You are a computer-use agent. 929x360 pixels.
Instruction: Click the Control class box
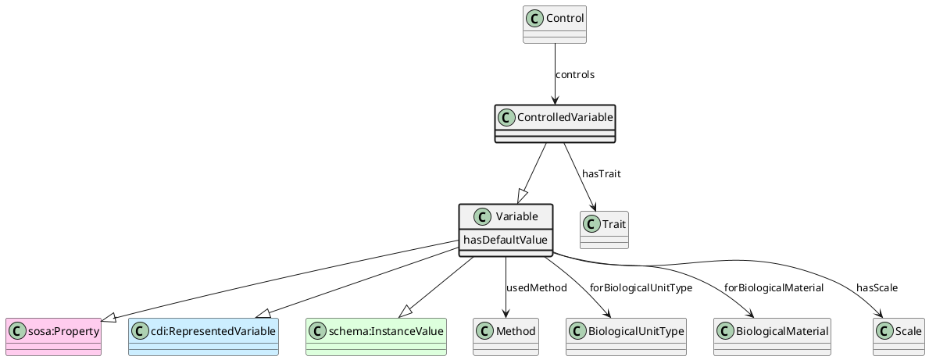554,24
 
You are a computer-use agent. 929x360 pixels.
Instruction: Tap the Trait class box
604,230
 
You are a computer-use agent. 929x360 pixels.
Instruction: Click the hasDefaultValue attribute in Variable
506,240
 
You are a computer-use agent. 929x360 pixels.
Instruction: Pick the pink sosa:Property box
53,337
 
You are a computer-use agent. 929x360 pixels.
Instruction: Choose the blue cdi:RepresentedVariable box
203,337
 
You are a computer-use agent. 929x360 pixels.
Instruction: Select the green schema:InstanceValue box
376,337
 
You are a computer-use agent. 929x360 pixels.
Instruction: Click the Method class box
506,337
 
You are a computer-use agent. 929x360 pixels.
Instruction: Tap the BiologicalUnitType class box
626,337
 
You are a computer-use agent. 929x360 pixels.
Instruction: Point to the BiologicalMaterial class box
771,337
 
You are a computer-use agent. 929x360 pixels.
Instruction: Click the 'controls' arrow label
575,75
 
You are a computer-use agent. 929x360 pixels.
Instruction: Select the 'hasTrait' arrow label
601,173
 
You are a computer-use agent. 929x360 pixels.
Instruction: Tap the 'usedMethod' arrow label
537,288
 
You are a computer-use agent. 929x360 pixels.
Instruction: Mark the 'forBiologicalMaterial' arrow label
774,288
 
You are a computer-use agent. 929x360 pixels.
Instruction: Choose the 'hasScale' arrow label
877,288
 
